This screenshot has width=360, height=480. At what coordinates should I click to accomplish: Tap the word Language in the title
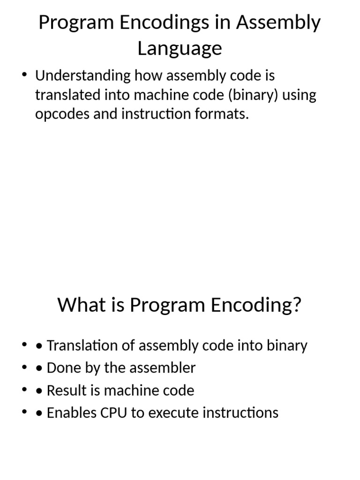[180, 48]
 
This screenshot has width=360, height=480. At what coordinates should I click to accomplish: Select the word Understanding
[82, 75]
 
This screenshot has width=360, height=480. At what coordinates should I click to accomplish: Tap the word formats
[225, 113]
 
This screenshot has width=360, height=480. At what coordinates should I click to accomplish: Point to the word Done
[62, 368]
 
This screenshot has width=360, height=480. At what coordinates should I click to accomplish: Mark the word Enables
[70, 412]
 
